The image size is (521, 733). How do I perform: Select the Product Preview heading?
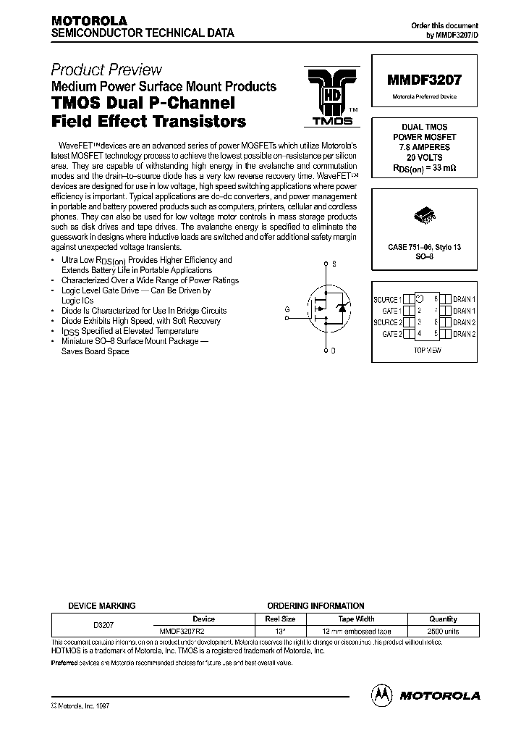[x=106, y=70]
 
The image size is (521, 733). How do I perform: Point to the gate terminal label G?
[x=287, y=309]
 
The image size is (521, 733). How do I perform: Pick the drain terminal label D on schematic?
[x=333, y=351]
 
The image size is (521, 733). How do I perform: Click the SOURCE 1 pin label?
[x=386, y=299]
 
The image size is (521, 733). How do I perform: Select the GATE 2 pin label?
[x=391, y=334]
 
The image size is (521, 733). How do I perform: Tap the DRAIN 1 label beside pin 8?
[x=464, y=299]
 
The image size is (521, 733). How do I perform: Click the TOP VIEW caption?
[x=428, y=349]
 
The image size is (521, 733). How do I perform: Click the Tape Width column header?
[x=356, y=619]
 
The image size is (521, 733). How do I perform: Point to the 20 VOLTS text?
[x=424, y=157]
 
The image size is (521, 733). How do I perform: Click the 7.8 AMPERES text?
[x=424, y=147]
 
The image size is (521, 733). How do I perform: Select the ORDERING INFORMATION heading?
[x=315, y=606]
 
